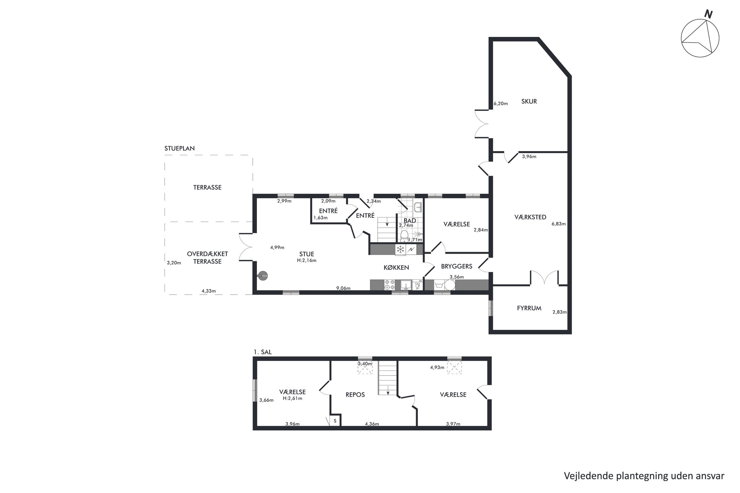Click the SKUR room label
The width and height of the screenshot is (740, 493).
coord(529,102)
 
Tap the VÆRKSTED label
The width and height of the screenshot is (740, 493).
coord(530,217)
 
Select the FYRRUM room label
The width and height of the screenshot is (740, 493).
coord(529,308)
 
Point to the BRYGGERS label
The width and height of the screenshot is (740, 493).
coord(457,266)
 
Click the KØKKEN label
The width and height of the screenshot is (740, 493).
coord(396,268)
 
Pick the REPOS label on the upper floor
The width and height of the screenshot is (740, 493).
coord(355,395)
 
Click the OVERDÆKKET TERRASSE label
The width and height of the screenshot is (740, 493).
coord(207,257)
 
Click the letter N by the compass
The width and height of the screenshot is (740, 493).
coord(708,14)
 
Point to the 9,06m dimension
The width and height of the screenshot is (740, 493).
coord(343,288)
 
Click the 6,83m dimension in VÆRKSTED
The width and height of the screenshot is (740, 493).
coord(558,224)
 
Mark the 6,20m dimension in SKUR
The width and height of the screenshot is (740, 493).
coord(501,103)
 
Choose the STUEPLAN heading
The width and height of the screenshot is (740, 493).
coord(179,148)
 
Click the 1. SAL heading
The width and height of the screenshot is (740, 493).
coord(263,352)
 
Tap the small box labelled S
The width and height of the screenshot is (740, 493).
coord(335,420)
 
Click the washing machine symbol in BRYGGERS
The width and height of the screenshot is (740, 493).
coord(439,285)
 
